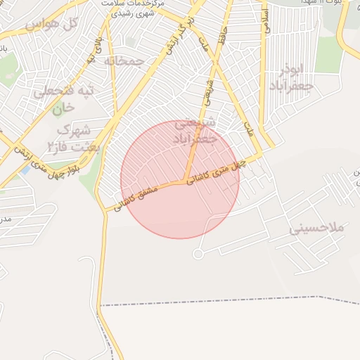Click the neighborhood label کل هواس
(50, 25)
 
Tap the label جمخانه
(124, 61)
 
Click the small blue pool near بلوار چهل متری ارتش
(26, 169)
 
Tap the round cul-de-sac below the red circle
(198, 253)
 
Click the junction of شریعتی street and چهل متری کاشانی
(186, 180)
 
